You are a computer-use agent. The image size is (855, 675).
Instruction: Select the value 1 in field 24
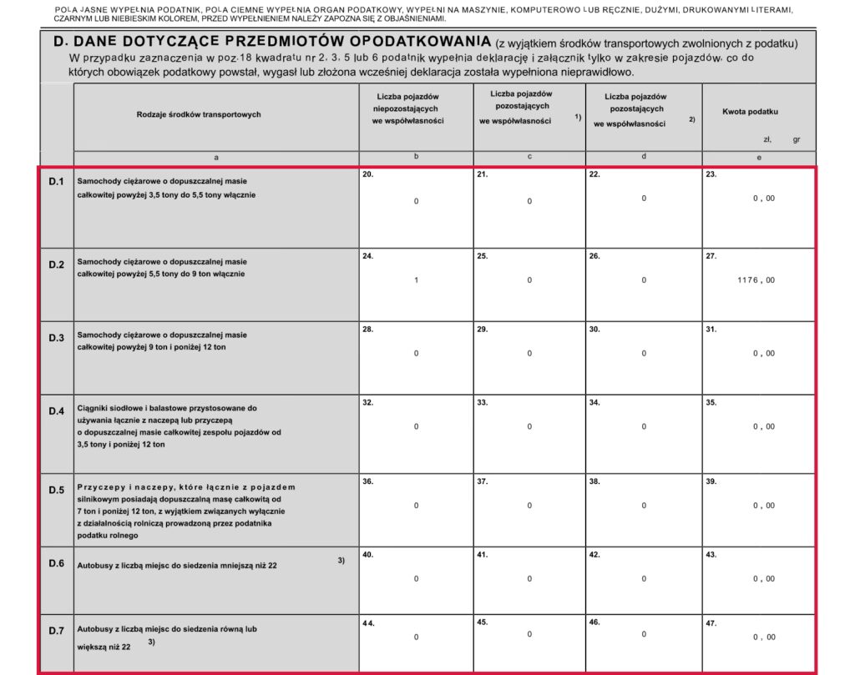[416, 280]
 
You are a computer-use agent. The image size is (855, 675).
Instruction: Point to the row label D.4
[57, 411]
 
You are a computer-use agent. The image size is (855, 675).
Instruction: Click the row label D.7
[57, 631]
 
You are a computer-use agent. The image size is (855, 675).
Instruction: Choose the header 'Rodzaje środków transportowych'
[199, 114]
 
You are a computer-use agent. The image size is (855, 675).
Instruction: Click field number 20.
[368, 174]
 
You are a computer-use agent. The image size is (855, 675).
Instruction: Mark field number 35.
[711, 403]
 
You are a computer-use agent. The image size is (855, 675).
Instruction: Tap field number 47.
[711, 622]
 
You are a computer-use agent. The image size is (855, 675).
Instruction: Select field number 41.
[482, 555]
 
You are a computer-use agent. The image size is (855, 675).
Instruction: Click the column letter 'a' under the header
[216, 158]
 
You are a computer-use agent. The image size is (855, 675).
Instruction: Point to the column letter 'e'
[758, 158]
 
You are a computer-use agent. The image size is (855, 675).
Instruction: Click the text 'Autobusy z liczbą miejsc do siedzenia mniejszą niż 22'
[177, 566]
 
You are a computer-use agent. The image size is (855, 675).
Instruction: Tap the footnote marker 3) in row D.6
[341, 560]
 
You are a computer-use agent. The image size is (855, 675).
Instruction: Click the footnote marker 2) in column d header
[691, 119]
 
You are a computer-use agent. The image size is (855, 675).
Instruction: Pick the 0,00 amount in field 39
[763, 506]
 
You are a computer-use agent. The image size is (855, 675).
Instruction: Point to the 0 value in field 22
[644, 199]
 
